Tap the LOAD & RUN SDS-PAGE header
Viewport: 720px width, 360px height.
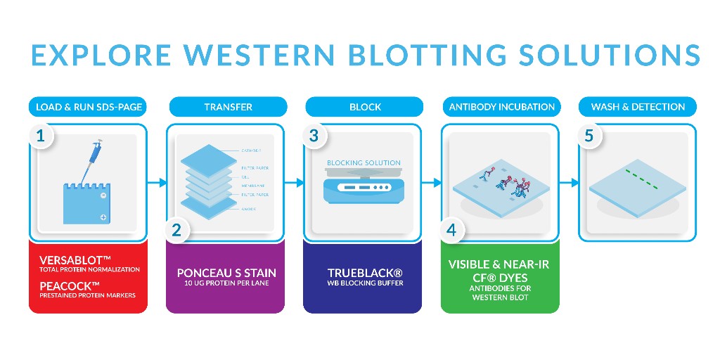click(x=89, y=107)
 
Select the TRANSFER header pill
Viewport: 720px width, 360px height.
click(x=228, y=107)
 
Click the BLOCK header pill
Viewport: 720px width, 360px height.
click(x=365, y=107)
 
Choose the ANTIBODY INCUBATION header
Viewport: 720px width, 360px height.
click(x=501, y=107)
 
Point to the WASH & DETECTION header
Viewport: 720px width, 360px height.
click(x=638, y=107)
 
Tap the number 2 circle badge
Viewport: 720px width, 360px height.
click(x=177, y=229)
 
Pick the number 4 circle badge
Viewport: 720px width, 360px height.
click(x=452, y=229)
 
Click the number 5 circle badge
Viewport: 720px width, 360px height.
click(x=589, y=136)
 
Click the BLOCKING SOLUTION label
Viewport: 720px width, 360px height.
click(x=364, y=162)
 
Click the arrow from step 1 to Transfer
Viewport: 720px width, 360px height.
click(x=158, y=183)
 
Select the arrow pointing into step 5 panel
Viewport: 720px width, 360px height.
click(x=570, y=183)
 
